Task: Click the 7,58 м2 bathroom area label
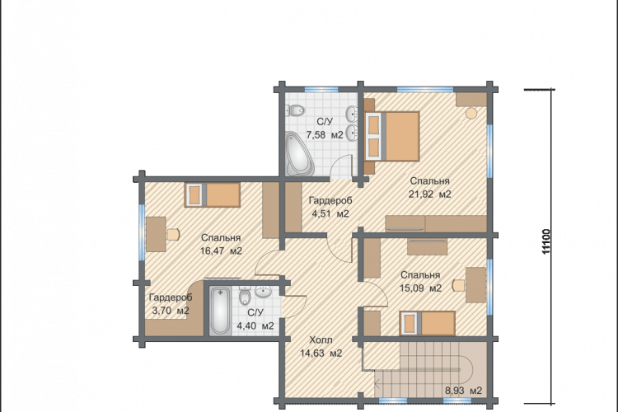(x=325, y=135)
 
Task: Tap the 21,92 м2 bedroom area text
(x=430, y=194)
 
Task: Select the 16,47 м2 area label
(x=221, y=250)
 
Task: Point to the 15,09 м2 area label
(x=420, y=288)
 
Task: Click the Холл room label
(x=321, y=339)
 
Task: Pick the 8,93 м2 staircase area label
(x=463, y=391)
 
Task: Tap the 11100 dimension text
(x=545, y=241)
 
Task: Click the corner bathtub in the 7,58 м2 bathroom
(x=299, y=154)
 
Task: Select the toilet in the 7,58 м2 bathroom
(x=295, y=110)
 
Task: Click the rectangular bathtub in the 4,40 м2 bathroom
(x=219, y=311)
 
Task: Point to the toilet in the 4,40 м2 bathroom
(x=245, y=297)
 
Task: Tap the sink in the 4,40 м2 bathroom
(x=263, y=292)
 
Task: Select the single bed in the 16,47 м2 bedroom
(x=212, y=194)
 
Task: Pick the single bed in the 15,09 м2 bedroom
(x=427, y=323)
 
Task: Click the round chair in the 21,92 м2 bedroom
(x=471, y=114)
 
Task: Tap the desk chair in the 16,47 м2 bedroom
(x=173, y=235)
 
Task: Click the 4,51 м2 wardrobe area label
(x=330, y=213)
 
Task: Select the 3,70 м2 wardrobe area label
(x=171, y=311)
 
